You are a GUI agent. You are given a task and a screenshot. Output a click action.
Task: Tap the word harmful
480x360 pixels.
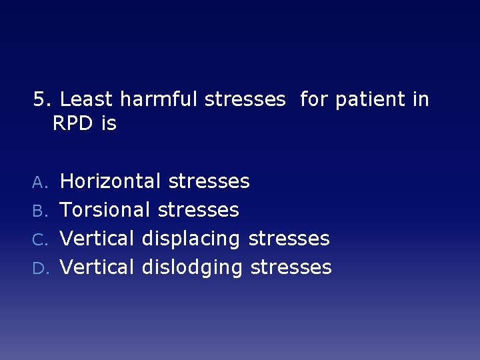159,100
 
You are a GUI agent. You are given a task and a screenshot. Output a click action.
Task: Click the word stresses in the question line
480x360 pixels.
245,100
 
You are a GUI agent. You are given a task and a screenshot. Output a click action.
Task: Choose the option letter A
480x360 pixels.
41,181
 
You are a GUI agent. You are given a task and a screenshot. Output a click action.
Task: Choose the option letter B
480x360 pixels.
41,211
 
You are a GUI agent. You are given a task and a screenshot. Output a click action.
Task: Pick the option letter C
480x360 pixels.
41,239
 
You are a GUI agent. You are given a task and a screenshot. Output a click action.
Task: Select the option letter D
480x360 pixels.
41,268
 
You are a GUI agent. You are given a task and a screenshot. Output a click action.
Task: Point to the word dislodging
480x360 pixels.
193,267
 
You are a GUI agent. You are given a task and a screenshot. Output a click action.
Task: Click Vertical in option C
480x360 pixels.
98,239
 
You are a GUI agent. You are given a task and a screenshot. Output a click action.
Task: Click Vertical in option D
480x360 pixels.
98,267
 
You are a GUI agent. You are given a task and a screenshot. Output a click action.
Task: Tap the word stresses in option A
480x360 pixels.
209,181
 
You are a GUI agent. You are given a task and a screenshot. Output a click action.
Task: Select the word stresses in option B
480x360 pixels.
199,210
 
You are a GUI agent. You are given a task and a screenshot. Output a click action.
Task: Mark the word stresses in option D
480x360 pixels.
291,267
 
